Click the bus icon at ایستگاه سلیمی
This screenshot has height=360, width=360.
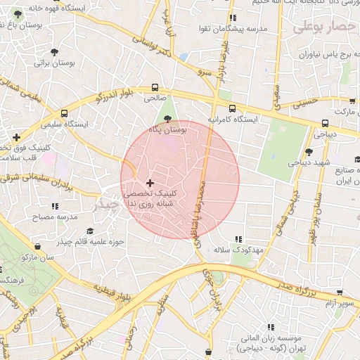pos(64,112)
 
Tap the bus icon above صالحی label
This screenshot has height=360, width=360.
pos(155,88)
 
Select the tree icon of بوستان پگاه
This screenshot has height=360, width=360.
pos(167,118)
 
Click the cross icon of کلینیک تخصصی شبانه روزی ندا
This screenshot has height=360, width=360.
pos(150,182)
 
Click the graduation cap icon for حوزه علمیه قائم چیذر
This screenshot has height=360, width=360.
pos(89,231)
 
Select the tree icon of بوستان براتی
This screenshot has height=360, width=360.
pos(55,51)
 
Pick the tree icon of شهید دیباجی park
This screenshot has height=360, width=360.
pos(309,152)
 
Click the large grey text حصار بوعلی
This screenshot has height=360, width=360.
pos(326,27)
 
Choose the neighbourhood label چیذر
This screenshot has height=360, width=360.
pos(108,204)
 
